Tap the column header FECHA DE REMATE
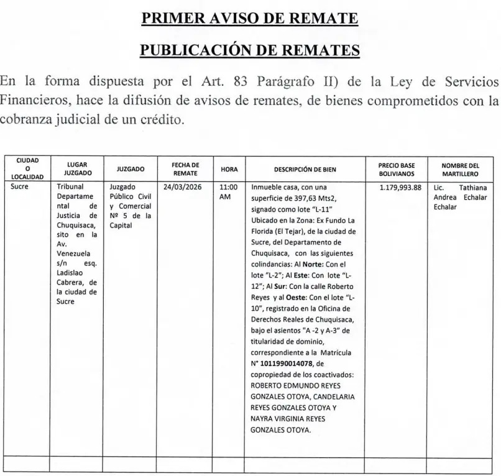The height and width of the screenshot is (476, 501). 185,168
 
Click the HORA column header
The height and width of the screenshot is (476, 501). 229,168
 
